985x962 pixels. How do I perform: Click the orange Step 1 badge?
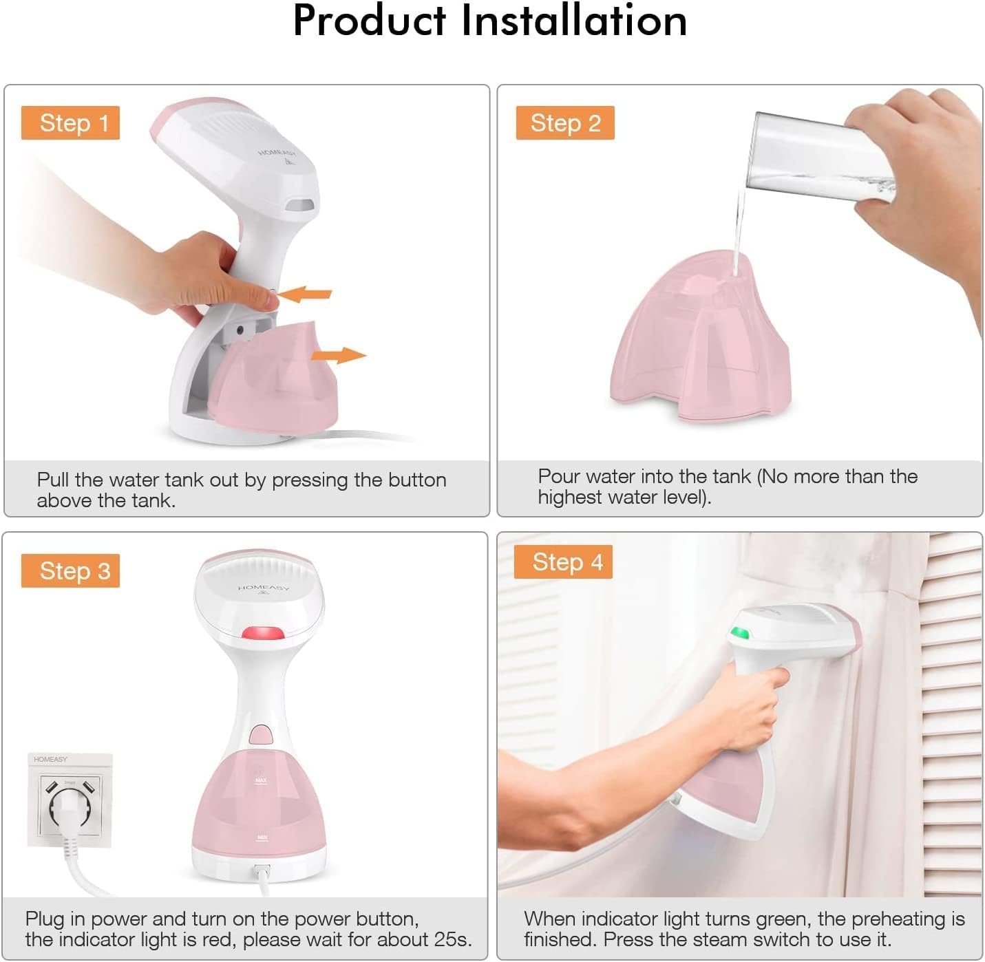70,123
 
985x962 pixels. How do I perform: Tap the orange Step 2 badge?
565,123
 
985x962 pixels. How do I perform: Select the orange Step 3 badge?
70,571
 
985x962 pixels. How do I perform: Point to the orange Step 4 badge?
563,562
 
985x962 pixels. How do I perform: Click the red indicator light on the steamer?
262,633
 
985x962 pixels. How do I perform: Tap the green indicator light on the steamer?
739,632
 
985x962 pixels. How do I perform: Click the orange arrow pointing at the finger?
305,294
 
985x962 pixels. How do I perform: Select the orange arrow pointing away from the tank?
338,355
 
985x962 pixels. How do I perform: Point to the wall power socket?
70,800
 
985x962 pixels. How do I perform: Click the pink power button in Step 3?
261,734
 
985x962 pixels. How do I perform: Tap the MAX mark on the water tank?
261,781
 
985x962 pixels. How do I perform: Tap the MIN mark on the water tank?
262,837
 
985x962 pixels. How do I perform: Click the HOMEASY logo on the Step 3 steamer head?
264,588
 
